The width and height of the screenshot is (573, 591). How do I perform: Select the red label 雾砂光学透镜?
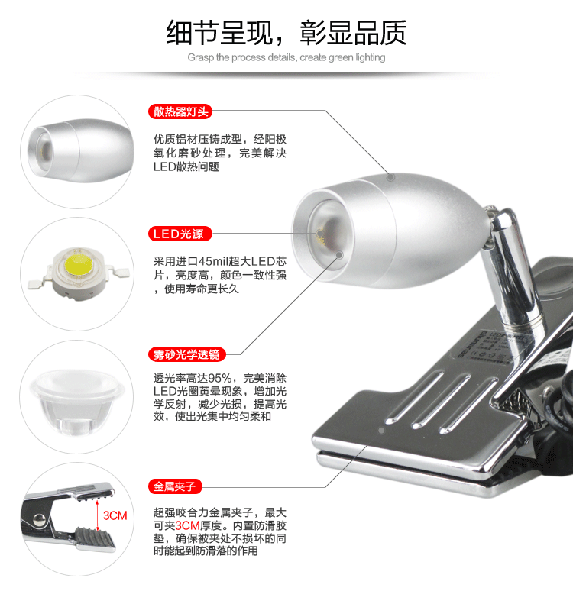186,354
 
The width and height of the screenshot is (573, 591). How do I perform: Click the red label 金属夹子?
175,486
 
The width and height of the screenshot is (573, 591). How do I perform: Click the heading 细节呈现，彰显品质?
286,31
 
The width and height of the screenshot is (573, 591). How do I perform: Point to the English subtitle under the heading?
286,57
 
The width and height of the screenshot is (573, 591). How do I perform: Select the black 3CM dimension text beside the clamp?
115,516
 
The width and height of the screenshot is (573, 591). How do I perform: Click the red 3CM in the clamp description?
188,526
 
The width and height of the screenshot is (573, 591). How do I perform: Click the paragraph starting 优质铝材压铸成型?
219,153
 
